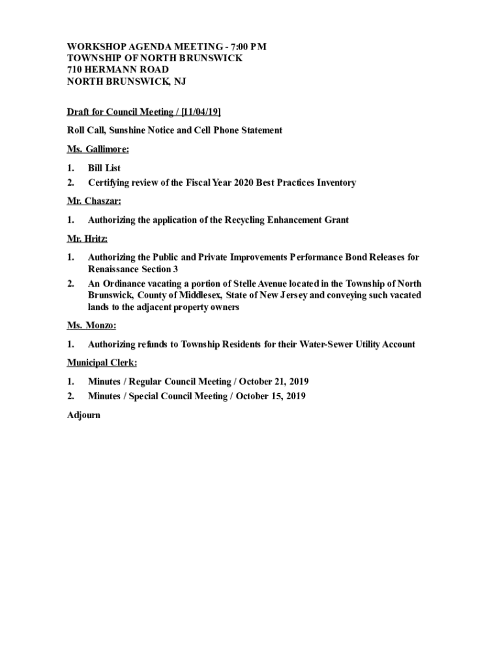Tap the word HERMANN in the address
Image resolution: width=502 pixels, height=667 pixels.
tap(107, 70)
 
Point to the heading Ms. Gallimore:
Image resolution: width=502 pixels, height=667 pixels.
tap(98, 149)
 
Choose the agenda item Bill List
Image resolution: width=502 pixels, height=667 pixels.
tap(104, 168)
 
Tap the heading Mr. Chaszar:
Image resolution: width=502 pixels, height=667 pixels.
tap(94, 201)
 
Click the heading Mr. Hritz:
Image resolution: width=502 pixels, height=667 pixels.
tap(87, 238)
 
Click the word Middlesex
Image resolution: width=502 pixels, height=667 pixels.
tap(199, 295)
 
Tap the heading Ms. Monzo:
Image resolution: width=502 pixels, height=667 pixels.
tap(91, 325)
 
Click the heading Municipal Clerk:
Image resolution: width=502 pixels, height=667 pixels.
tap(102, 363)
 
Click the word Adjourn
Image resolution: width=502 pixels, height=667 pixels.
tap(83, 415)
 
